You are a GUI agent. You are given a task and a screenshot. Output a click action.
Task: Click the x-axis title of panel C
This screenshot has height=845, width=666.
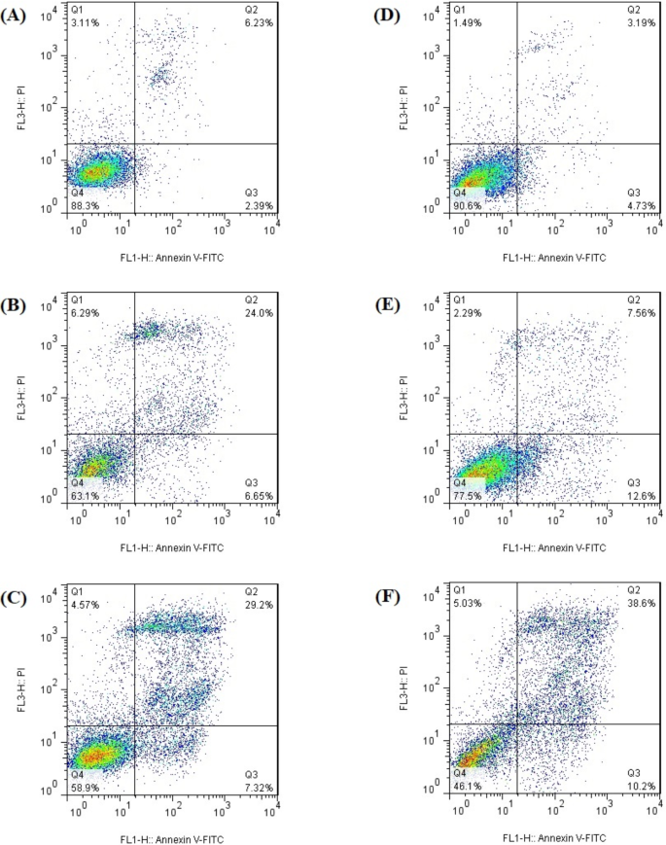click(x=171, y=837)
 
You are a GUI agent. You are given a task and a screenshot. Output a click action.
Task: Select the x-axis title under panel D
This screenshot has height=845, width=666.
click(x=554, y=258)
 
